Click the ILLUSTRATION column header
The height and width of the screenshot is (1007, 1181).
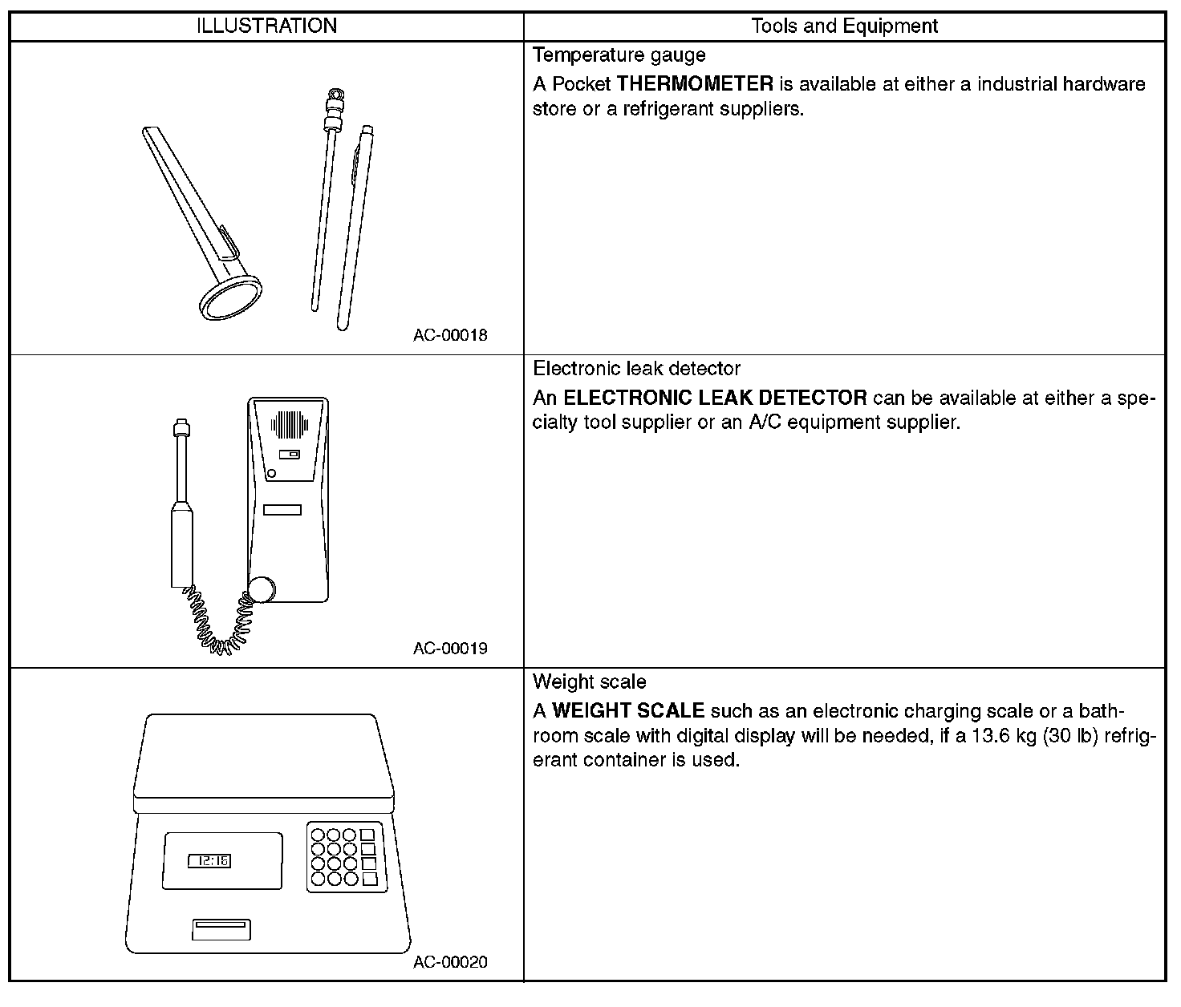point(266,26)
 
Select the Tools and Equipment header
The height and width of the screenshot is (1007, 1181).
point(844,26)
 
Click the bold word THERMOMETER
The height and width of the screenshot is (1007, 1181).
point(695,84)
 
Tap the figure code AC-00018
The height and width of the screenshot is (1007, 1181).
point(450,335)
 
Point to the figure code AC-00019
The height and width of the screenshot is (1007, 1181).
point(450,648)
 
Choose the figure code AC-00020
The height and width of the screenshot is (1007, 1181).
point(450,962)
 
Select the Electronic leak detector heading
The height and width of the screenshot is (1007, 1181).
point(636,369)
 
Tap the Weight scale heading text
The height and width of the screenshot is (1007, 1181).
point(589,682)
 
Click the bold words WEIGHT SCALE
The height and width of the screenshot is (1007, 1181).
point(628,711)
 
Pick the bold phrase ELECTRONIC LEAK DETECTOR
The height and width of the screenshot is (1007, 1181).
point(715,398)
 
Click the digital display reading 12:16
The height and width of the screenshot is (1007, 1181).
point(209,861)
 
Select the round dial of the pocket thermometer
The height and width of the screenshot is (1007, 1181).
point(230,299)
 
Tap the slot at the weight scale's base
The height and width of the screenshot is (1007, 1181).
point(221,928)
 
